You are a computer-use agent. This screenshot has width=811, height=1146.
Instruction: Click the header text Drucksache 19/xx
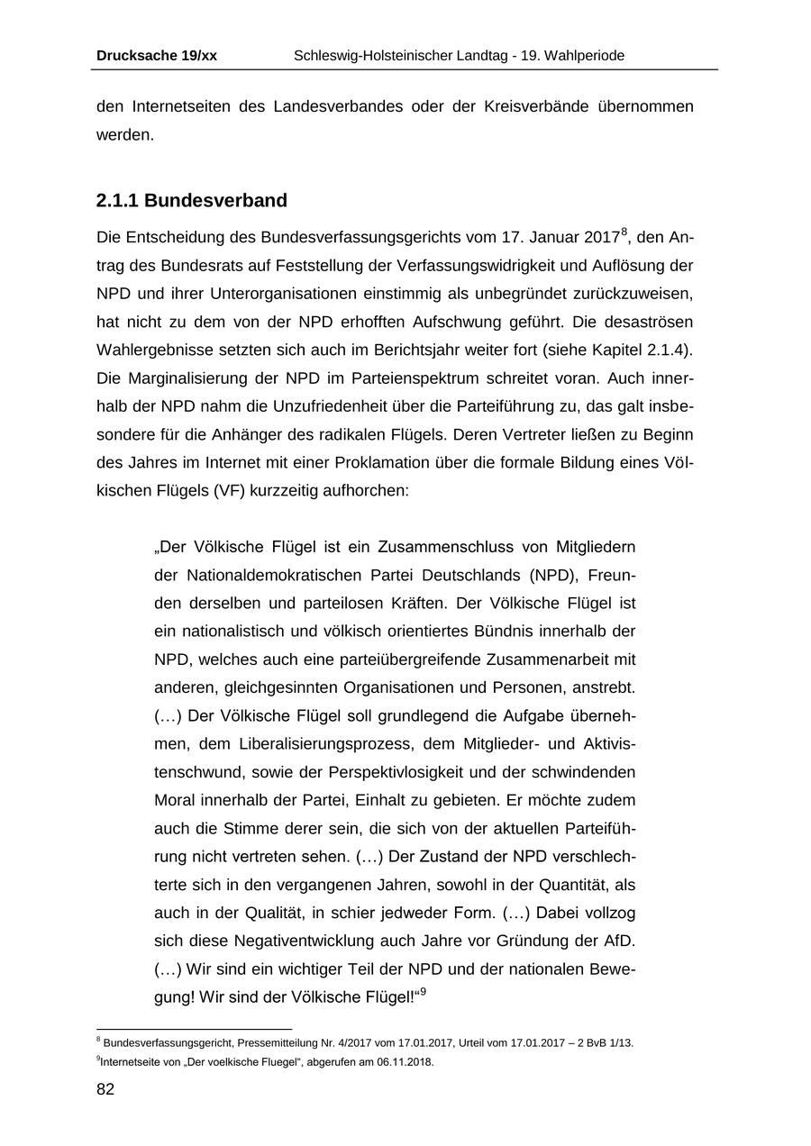click(x=156, y=56)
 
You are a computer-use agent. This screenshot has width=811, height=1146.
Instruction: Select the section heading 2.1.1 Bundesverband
click(x=191, y=200)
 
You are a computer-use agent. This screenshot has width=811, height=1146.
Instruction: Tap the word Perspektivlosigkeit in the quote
click(x=433, y=772)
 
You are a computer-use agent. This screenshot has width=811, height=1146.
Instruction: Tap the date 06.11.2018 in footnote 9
click(x=405, y=1062)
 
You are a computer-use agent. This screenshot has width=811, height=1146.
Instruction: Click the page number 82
click(x=105, y=1090)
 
